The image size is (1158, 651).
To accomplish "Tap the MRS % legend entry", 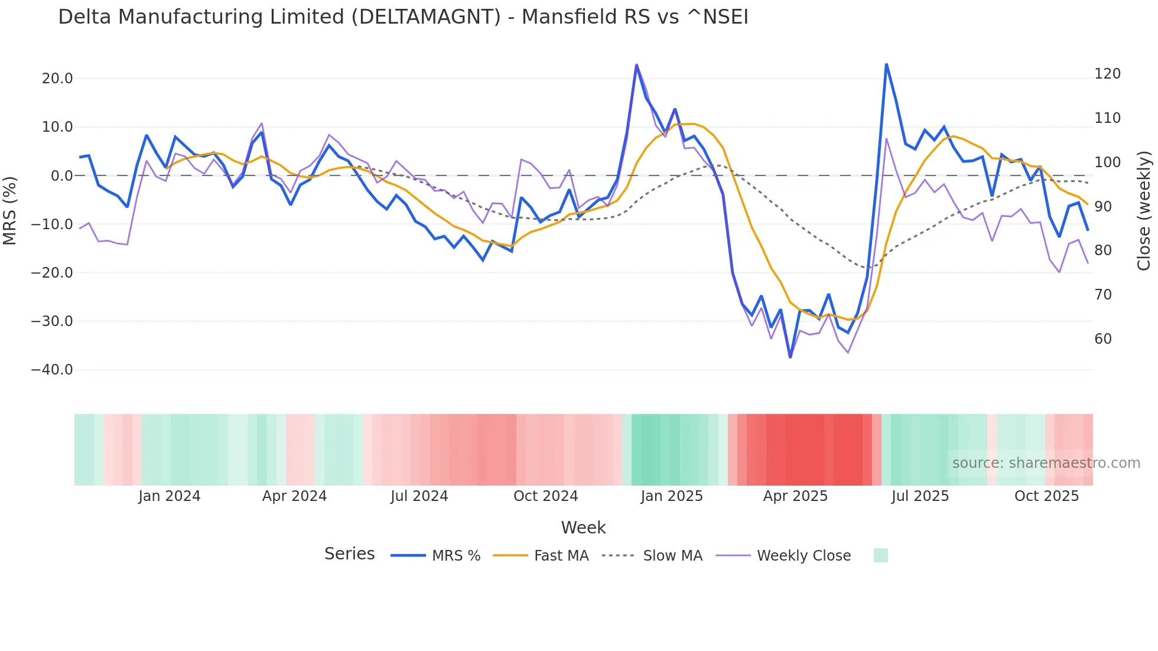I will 456,556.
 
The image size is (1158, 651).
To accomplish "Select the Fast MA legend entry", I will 561,556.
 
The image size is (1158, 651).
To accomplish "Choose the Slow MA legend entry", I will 672,556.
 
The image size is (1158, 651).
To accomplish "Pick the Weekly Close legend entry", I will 804,556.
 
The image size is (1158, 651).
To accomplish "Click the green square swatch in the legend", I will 880,555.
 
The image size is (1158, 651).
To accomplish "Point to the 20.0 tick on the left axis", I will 57,79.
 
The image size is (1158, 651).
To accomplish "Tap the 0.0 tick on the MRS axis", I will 61,175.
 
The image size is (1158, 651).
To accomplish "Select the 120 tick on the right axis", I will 1107,74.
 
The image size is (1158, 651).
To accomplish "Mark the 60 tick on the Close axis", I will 1103,339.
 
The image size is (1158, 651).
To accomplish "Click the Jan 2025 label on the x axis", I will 672,496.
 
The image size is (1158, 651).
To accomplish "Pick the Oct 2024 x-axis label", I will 545,496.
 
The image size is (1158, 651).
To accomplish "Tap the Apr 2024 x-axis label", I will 294,496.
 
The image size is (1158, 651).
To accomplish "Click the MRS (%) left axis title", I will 10,211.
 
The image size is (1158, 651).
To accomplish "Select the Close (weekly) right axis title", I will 1144,211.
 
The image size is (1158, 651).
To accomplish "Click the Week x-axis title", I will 583,528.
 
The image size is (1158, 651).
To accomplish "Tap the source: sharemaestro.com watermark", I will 1046,463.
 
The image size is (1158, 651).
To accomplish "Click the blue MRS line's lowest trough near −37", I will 791,357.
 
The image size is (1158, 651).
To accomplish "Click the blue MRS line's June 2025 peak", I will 886,64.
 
